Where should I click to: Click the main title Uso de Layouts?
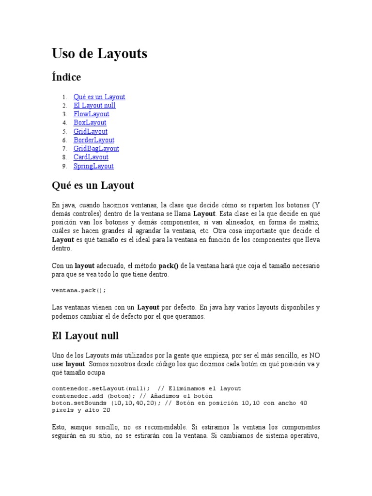(x=99, y=54)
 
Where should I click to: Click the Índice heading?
(x=66, y=77)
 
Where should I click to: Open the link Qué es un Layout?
(x=99, y=97)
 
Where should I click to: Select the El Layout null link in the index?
(x=94, y=106)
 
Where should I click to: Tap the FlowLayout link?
(x=92, y=114)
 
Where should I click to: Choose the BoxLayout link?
(x=90, y=123)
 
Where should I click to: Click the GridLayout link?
(x=91, y=132)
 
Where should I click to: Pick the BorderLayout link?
(x=94, y=140)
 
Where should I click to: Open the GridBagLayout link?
(x=96, y=149)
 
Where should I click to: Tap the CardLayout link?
(x=91, y=157)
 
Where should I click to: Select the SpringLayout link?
(x=93, y=166)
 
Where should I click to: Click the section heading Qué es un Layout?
(x=93, y=186)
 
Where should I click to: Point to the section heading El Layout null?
(x=85, y=336)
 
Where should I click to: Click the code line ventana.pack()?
(x=78, y=290)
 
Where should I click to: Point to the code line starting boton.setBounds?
(x=179, y=403)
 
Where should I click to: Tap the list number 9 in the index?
(x=63, y=166)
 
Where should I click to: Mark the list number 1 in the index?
(x=63, y=97)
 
